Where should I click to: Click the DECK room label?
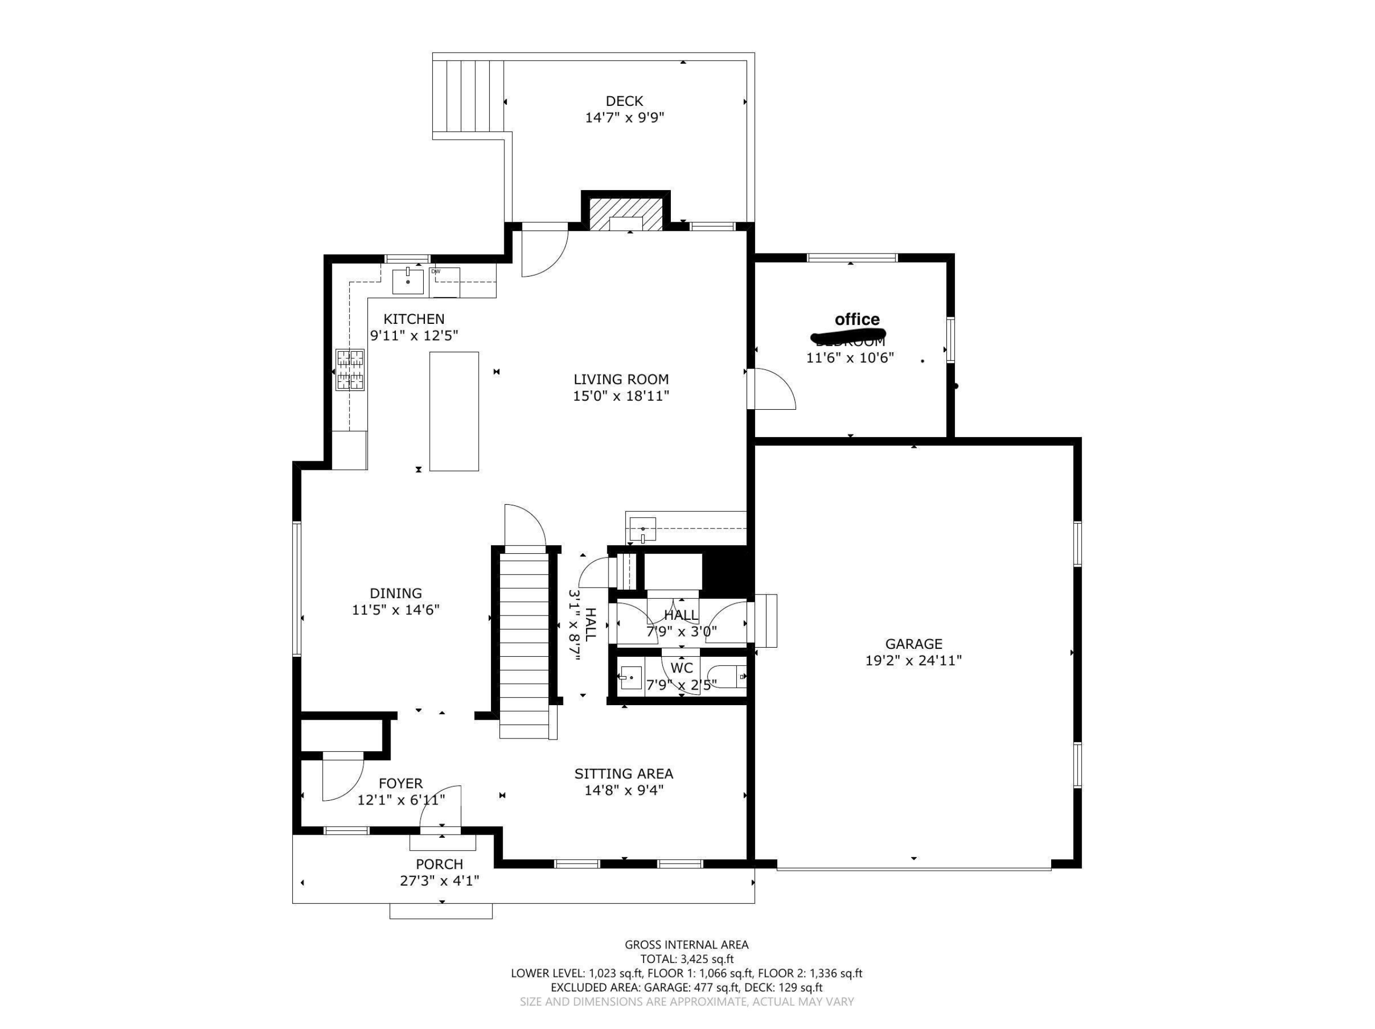click(624, 100)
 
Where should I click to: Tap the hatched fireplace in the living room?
click(625, 214)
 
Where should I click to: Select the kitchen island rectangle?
click(454, 411)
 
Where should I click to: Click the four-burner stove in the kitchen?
click(350, 369)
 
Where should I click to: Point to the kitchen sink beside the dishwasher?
click(408, 281)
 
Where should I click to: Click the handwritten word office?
click(857, 320)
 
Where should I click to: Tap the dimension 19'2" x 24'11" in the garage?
click(913, 661)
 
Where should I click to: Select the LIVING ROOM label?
click(621, 379)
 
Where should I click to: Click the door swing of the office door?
click(774, 389)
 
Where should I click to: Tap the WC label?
click(681, 669)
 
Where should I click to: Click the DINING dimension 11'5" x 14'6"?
click(396, 610)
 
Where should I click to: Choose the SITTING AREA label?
click(624, 773)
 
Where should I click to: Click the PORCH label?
click(439, 864)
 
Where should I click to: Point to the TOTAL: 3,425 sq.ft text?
click(687, 959)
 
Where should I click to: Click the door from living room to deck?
click(544, 252)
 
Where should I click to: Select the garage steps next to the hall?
click(766, 621)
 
